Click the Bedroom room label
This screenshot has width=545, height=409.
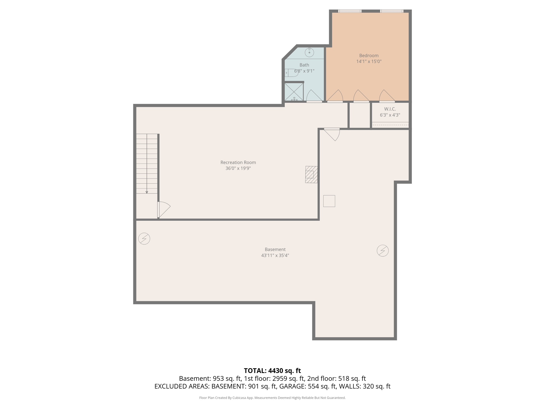click(369, 55)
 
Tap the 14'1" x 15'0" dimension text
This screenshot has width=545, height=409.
click(369, 62)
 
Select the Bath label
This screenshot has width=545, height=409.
click(304, 65)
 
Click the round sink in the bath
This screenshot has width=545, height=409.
click(309, 52)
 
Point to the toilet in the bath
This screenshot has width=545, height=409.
click(291, 73)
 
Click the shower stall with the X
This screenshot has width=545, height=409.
click(294, 92)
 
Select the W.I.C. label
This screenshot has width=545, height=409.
click(390, 109)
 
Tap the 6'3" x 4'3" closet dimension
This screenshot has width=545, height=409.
click(390, 115)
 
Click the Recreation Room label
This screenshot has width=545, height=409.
click(238, 162)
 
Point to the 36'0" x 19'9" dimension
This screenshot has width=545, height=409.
click(238, 168)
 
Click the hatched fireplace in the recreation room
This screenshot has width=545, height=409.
click(311, 174)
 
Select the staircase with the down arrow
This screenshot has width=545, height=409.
click(147, 163)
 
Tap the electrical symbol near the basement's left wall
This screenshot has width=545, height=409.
click(144, 239)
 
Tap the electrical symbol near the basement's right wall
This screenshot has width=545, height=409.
click(382, 251)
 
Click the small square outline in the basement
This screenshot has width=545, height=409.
click(329, 201)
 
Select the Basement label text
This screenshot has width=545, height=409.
click(275, 250)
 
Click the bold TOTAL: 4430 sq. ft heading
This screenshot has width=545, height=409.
click(272, 371)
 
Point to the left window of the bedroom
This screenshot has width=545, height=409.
click(350, 11)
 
